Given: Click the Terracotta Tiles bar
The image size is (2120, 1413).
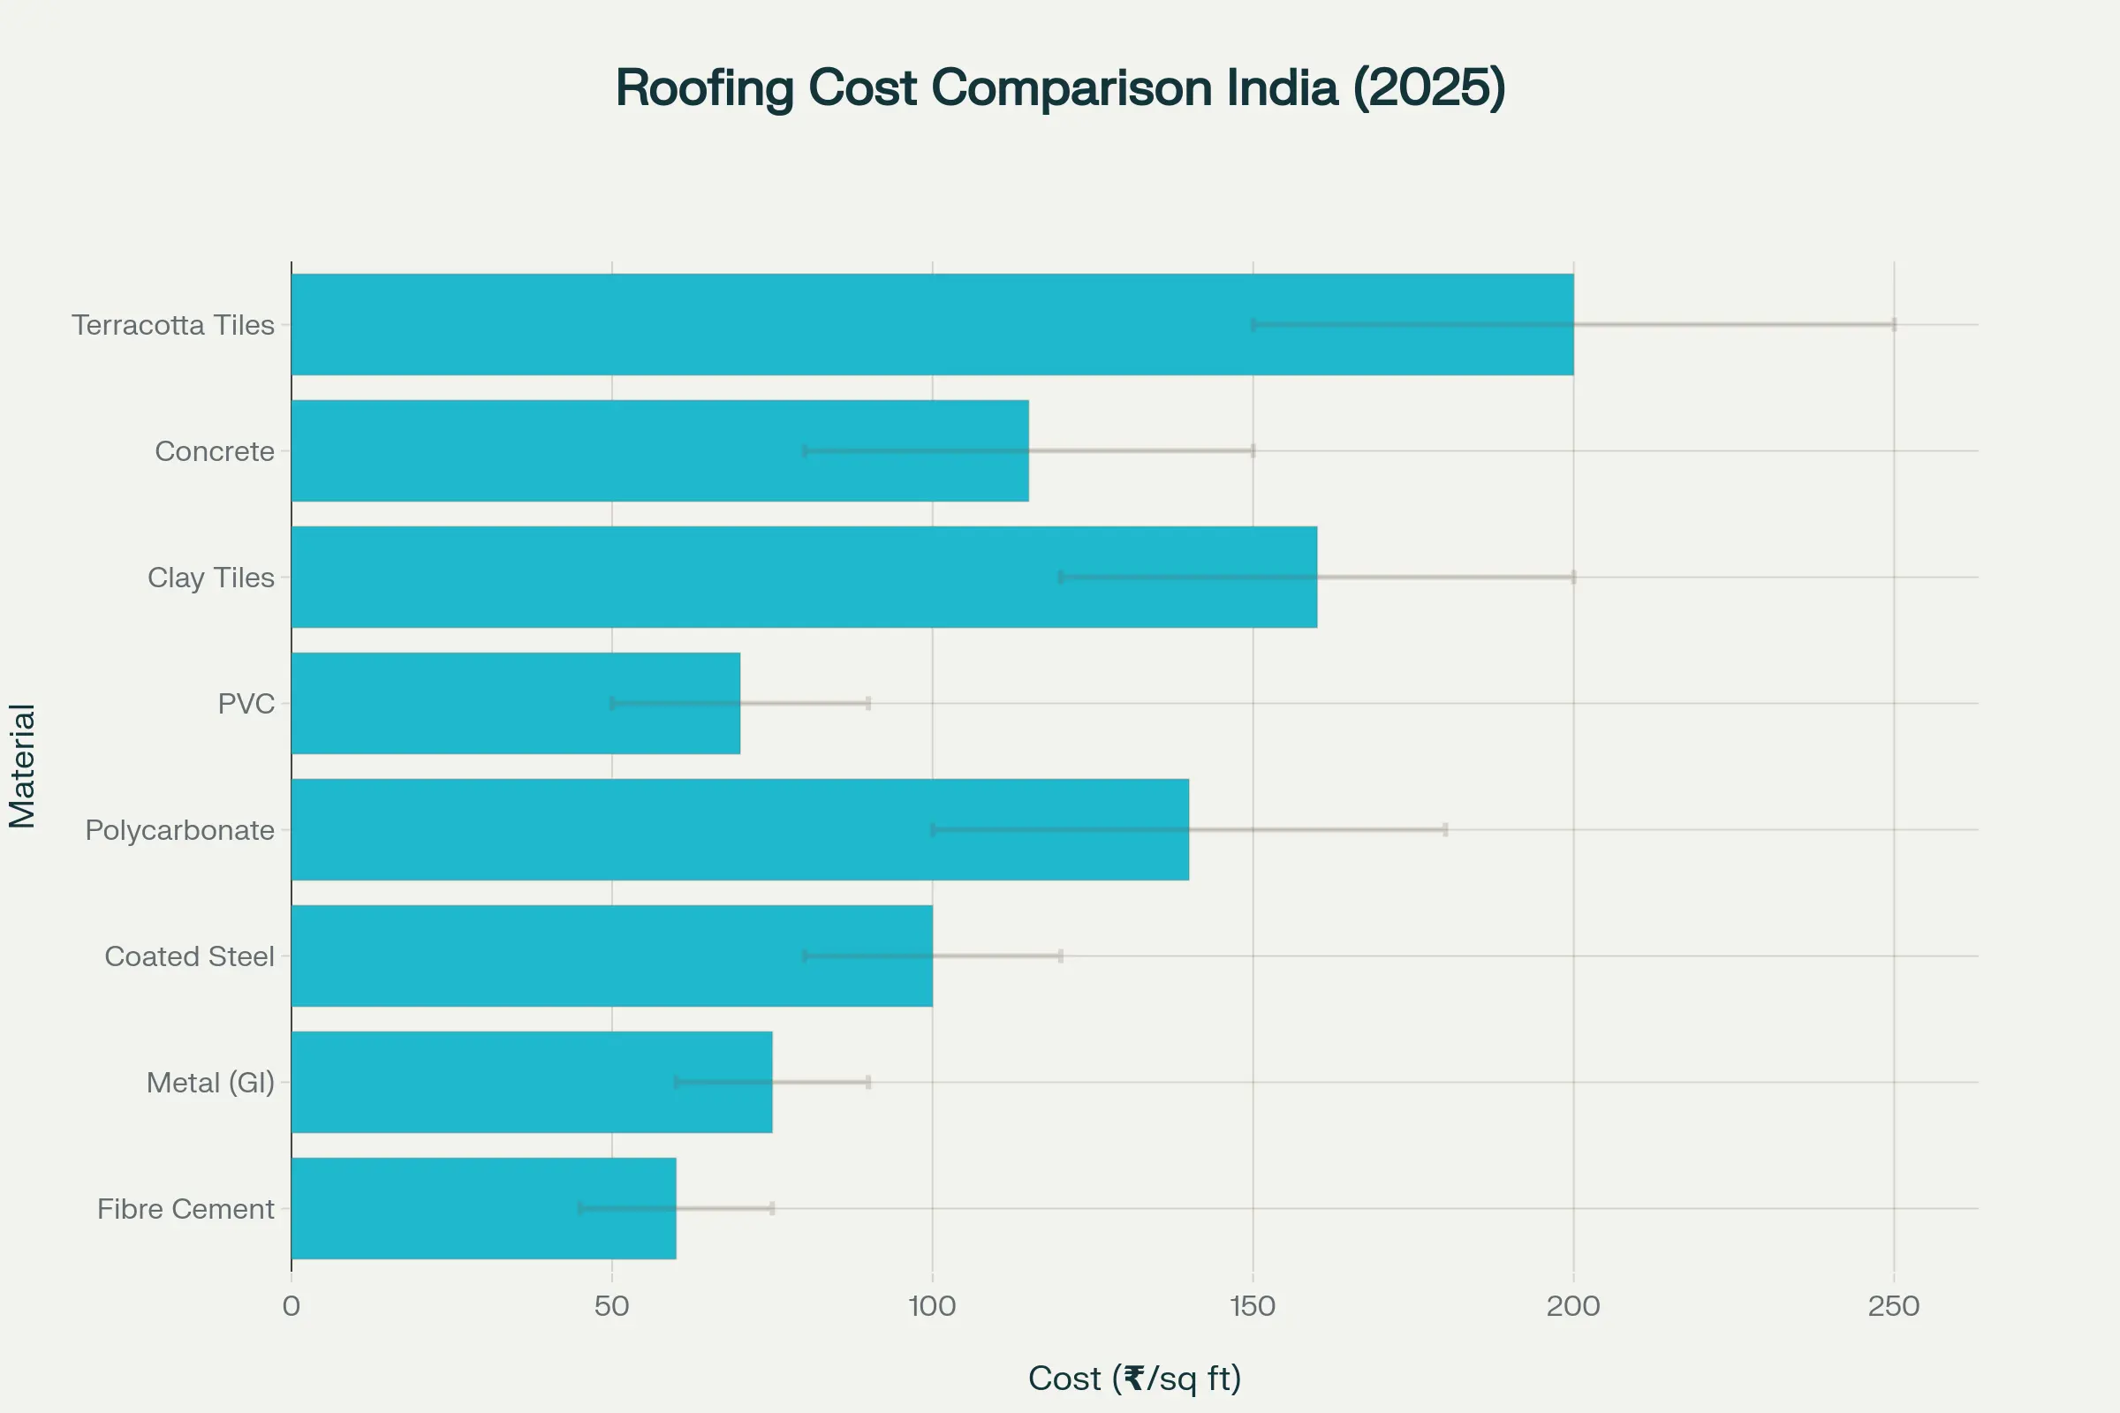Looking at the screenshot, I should pyautogui.click(x=932, y=324).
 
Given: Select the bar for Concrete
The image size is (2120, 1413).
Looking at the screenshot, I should pyautogui.click(x=660, y=450).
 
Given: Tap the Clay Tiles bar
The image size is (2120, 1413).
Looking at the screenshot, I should pyautogui.click(x=804, y=577).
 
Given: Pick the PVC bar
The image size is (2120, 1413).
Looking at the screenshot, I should pyautogui.click(x=516, y=703).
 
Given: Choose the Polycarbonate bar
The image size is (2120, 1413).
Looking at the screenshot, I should pyautogui.click(x=739, y=829).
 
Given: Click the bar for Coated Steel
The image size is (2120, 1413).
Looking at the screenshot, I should pyautogui.click(x=611, y=956).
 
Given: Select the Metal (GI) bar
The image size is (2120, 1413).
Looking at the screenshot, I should pyautogui.click(x=532, y=1081).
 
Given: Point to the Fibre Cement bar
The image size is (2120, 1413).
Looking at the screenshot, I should pyautogui.click(x=483, y=1208).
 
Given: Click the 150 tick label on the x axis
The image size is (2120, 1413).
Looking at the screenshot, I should pyautogui.click(x=1253, y=1306).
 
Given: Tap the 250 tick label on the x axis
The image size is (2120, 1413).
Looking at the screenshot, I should pyautogui.click(x=1894, y=1306).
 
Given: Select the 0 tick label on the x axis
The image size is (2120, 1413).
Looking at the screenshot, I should pyautogui.click(x=291, y=1306).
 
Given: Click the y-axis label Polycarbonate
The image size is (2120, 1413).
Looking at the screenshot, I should pyautogui.click(x=179, y=830).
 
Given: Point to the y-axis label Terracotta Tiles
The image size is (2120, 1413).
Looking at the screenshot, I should pyautogui.click(x=173, y=324).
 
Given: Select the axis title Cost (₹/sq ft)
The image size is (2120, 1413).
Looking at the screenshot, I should pyautogui.click(x=1135, y=1378).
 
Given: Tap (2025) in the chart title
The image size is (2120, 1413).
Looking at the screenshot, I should pyautogui.click(x=1429, y=88).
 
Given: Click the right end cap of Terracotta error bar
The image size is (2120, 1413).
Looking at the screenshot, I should pyautogui.click(x=1894, y=324).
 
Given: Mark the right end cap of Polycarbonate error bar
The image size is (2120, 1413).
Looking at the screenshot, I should pyautogui.click(x=1446, y=829).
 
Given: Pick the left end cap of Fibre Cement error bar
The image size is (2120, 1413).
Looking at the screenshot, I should pyautogui.click(x=580, y=1208).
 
